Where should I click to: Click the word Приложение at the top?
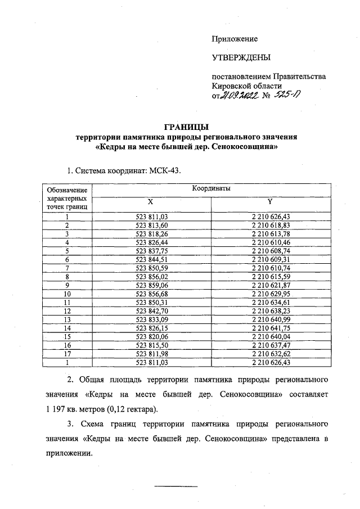[235, 39]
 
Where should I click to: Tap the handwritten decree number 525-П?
[286, 96]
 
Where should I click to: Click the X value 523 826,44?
[152, 242]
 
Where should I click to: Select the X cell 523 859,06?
[152, 285]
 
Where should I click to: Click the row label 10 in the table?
[67, 294]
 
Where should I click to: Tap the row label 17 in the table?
[67, 354]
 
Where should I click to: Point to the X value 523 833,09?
[152, 319]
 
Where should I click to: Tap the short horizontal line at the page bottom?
[176, 485]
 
